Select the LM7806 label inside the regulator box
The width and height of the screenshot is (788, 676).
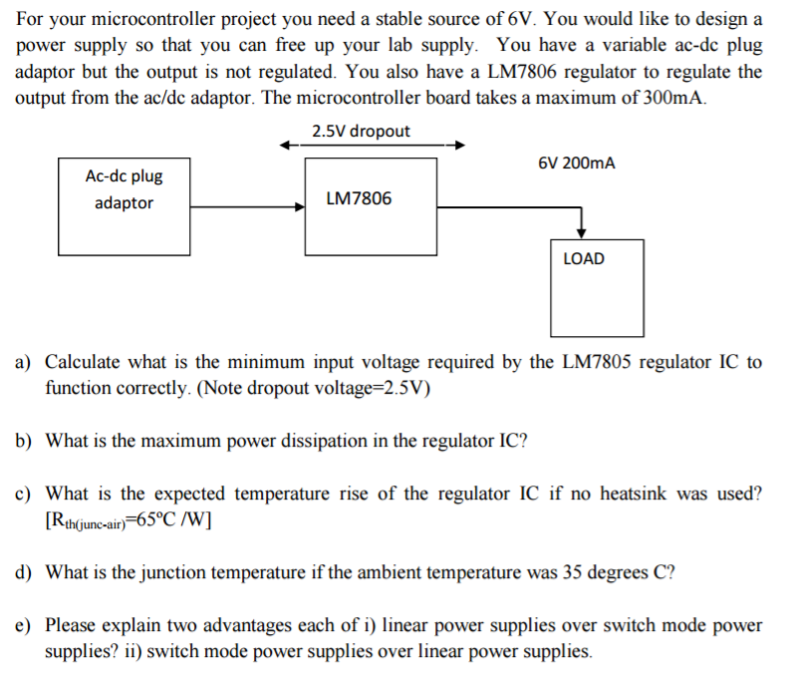click(x=359, y=198)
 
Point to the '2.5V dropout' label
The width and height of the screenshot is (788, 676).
click(x=361, y=132)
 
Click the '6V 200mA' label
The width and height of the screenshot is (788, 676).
click(x=577, y=163)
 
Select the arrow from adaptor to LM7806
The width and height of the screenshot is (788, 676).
click(x=248, y=206)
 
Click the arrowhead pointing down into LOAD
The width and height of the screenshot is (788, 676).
click(x=582, y=233)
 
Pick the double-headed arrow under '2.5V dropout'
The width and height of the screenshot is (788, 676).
click(x=373, y=146)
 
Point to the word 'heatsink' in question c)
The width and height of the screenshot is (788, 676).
click(x=634, y=494)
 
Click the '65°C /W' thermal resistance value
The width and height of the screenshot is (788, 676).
click(x=174, y=520)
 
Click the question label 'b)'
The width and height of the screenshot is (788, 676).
click(x=23, y=441)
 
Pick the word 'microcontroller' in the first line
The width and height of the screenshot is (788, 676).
click(x=153, y=19)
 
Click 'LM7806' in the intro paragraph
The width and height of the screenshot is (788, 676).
click(x=522, y=72)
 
